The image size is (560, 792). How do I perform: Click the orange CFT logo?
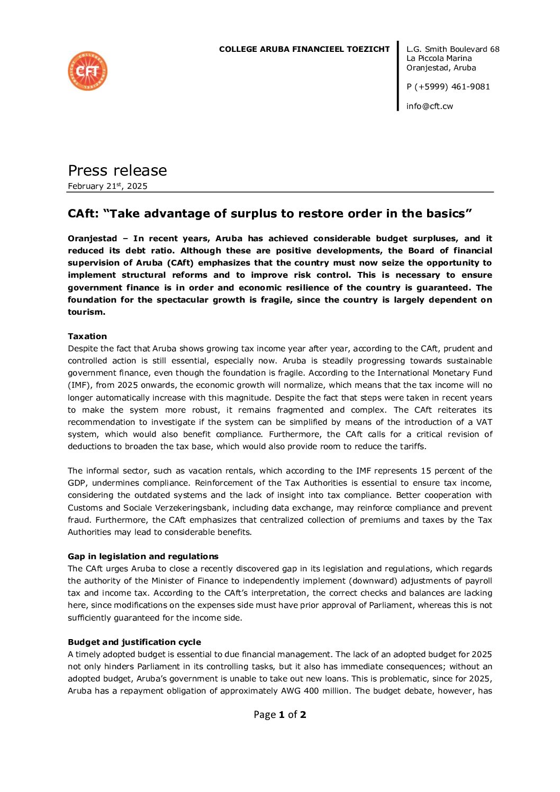pos(88,71)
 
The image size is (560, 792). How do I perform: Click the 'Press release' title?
pos(117,170)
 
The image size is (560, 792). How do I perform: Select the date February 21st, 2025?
pos(107,186)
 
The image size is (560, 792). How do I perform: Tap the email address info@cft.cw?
pos(429,106)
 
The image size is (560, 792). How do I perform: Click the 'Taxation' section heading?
pos(87,336)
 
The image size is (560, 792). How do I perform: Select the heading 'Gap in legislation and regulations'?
pos(143,557)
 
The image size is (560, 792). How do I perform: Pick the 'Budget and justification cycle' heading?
pos(134,642)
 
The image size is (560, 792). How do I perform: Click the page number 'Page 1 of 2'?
pos(279,715)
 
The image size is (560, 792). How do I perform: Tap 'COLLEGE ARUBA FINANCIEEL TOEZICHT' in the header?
pos(304,49)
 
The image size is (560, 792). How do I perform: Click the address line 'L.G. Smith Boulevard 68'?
pos(453,49)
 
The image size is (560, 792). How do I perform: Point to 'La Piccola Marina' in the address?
pos(439,58)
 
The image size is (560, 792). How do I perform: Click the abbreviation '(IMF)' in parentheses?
pos(79,385)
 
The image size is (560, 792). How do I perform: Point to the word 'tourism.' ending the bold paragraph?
pos(86,312)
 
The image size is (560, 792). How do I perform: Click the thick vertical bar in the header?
pos(398,76)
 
